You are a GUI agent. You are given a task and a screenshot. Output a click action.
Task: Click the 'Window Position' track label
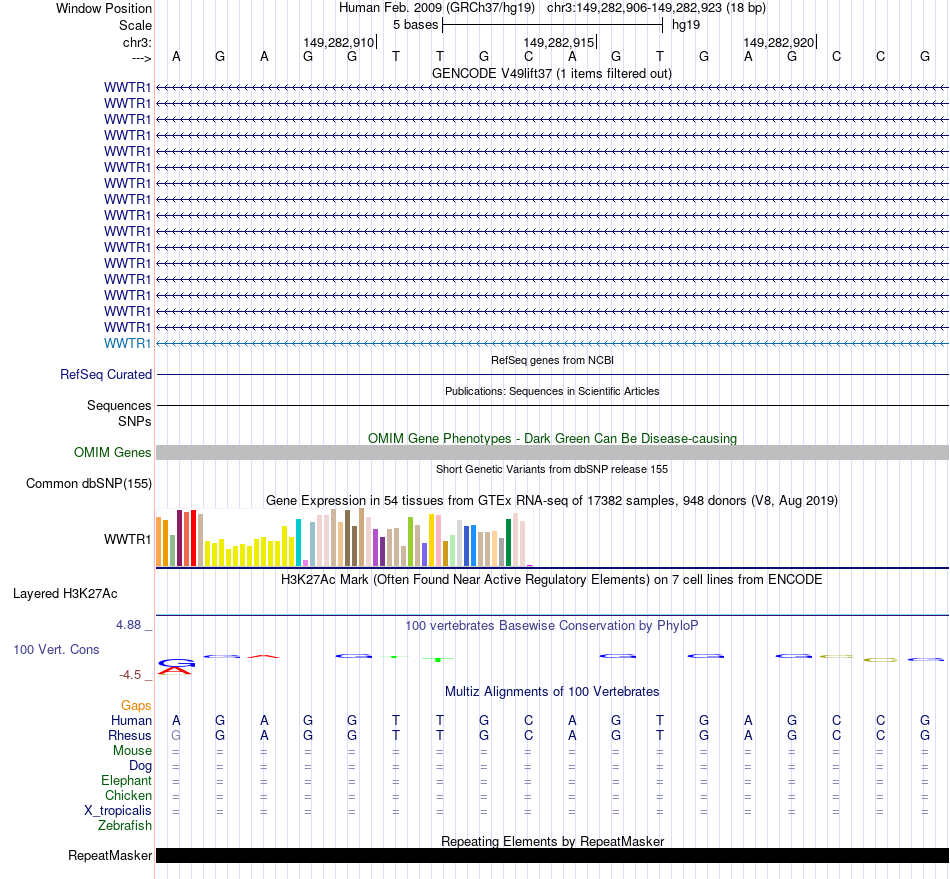coord(104,8)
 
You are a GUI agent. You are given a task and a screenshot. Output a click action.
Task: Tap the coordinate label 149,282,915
coord(559,43)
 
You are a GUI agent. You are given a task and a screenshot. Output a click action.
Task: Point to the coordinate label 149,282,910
coord(338,43)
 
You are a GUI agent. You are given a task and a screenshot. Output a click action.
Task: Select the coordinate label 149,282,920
coord(778,43)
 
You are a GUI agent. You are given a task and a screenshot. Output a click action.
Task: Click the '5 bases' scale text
coord(414,24)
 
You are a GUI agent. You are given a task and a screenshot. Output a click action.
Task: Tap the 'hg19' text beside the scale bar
coord(686,24)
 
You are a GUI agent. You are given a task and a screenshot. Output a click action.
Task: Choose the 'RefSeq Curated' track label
coord(106,375)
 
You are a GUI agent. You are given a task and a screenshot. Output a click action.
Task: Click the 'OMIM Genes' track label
coord(113,453)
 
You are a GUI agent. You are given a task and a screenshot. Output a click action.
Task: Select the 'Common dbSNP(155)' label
coord(89,484)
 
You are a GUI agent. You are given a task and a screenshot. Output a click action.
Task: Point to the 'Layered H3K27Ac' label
coord(66,593)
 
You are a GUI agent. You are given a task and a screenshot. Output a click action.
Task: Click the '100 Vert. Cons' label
coord(56,650)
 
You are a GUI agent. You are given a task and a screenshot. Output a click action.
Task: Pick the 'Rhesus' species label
coord(130,736)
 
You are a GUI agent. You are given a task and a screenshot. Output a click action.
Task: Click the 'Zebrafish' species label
coord(125,826)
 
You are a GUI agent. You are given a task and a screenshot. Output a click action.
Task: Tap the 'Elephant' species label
coord(126,781)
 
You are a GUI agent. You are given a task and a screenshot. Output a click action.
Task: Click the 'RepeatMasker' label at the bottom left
coord(110,856)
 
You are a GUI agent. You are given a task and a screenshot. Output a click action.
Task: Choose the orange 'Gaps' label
coord(136,706)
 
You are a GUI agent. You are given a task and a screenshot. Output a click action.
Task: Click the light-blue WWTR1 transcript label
coord(128,344)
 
